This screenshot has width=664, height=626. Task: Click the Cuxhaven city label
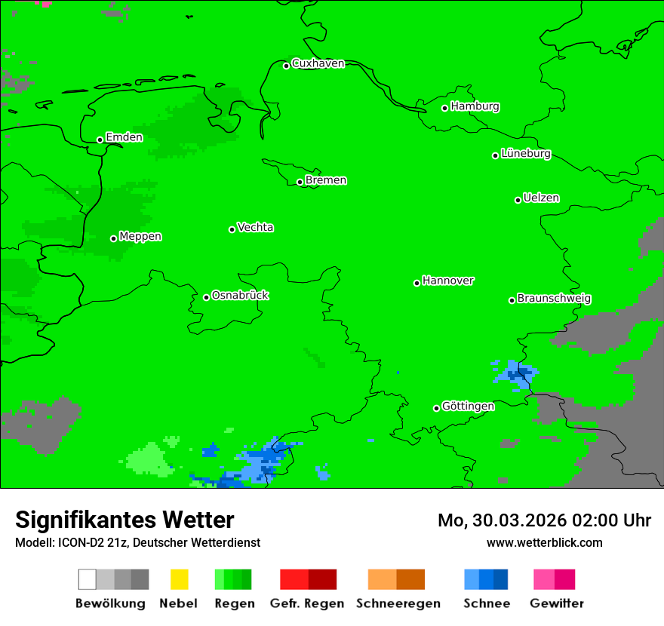[318, 63]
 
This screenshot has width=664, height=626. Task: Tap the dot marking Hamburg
[445, 108]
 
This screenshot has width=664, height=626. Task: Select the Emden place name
[124, 137]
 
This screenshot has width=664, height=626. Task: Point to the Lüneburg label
[526, 154]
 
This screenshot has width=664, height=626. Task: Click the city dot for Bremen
[300, 182]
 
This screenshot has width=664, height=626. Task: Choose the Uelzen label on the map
[541, 198]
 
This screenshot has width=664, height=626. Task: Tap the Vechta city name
[255, 227]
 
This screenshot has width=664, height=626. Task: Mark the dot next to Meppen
[113, 238]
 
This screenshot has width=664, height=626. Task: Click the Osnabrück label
[240, 296]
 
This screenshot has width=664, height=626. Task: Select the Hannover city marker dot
[417, 283]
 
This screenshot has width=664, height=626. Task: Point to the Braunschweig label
[554, 299]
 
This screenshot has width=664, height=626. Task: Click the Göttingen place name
[468, 407]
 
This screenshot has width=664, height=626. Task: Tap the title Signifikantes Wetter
[124, 520]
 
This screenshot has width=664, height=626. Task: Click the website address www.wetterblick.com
[544, 543]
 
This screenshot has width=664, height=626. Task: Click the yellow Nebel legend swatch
[179, 579]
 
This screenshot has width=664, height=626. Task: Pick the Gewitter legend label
[557, 603]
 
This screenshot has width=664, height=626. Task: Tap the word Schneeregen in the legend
[398, 603]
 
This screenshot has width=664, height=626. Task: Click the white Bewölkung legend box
[88, 579]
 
